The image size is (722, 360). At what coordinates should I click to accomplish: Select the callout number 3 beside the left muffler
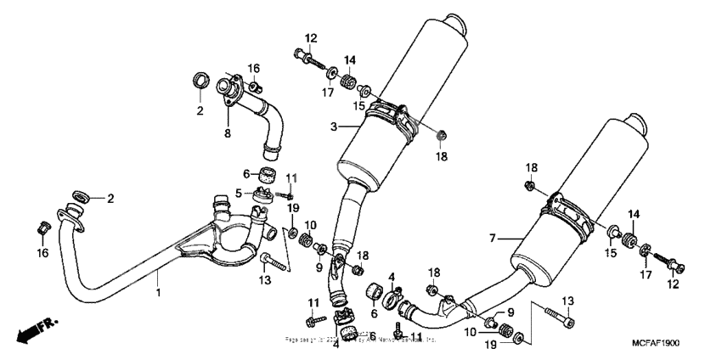(x=335, y=127)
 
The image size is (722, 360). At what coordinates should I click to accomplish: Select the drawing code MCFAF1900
(x=655, y=341)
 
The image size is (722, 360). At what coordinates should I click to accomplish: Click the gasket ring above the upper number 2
(x=201, y=82)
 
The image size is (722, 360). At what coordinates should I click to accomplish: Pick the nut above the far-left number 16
(x=42, y=227)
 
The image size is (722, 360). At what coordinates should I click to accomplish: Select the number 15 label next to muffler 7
(x=611, y=253)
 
